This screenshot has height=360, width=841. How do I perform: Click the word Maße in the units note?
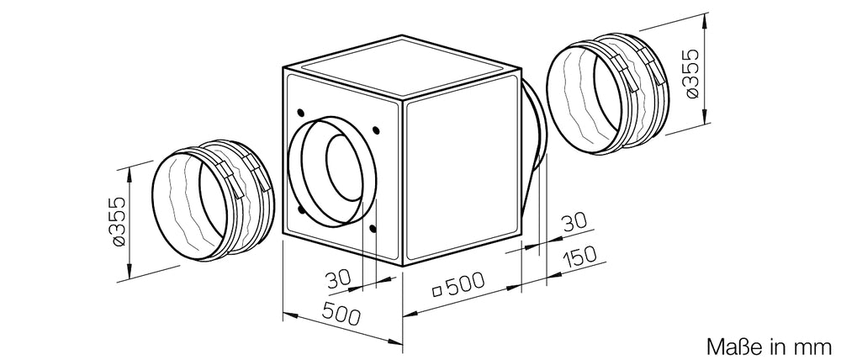[x=726, y=346]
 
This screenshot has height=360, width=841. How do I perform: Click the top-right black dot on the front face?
[x=374, y=129]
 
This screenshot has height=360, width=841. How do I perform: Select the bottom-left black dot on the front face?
[x=299, y=210]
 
